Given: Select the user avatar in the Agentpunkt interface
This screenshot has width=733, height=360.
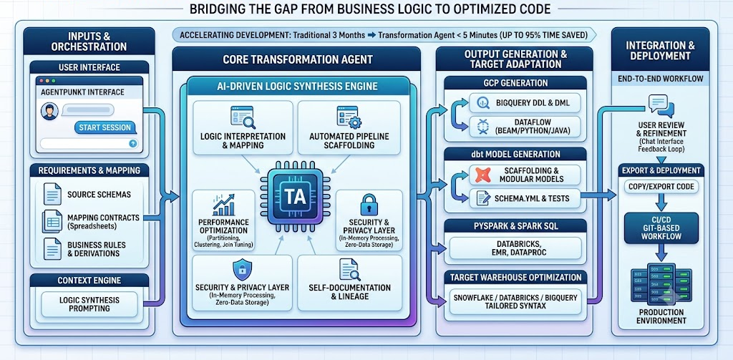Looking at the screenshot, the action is coord(49,111).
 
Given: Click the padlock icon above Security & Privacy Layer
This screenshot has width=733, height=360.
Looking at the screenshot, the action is coord(369,205).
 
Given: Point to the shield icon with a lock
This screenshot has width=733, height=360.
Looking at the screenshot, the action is coord(242,270).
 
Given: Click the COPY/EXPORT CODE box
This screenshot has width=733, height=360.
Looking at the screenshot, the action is coord(661,187).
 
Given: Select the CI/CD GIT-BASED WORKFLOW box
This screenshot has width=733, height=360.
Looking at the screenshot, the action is coord(661,228).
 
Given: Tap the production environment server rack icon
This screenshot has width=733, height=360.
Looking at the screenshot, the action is coord(661,284).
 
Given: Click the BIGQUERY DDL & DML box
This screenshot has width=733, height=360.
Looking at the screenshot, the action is coord(525,102).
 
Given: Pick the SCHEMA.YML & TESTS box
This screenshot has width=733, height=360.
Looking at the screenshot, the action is coord(525,199).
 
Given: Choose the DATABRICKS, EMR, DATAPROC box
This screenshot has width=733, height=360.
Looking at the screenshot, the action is coord(515,248).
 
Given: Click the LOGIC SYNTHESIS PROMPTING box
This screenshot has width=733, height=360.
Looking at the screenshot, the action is coord(89,304).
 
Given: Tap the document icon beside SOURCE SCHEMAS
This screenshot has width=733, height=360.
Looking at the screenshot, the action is coord(52,193).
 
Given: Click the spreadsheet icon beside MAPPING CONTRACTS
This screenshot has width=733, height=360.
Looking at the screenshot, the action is coord(52,220).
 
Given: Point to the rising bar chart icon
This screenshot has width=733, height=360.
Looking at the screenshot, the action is coord(223,205).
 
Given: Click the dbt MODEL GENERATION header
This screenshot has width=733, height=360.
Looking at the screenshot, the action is coord(515,155).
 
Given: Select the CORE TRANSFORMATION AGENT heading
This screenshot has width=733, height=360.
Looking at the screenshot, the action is coord(298,59).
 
